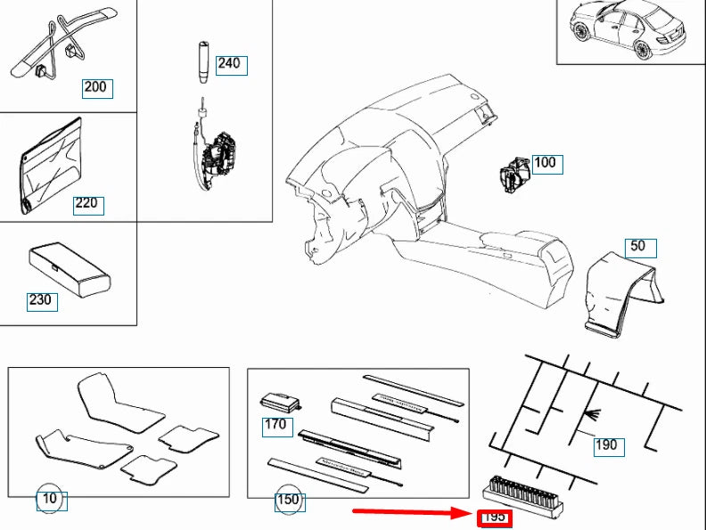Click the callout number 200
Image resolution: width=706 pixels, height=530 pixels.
[x=94, y=87]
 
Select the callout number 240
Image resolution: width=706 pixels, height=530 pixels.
[x=228, y=64]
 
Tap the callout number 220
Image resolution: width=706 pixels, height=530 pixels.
[x=86, y=204]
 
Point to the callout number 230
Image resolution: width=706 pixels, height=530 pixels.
[x=41, y=300]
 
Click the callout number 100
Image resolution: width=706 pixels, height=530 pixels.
[x=544, y=163]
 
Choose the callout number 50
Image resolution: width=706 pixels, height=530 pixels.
[x=637, y=247]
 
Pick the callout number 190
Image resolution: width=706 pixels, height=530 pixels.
[x=605, y=445]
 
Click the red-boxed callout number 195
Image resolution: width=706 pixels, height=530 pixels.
[x=494, y=517]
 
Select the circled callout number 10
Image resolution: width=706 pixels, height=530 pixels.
[x=50, y=500]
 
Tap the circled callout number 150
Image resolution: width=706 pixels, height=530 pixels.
[x=288, y=501]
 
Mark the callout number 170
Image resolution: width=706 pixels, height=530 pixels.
[x=275, y=425]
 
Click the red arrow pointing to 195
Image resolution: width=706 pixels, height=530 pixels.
[x=410, y=512]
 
